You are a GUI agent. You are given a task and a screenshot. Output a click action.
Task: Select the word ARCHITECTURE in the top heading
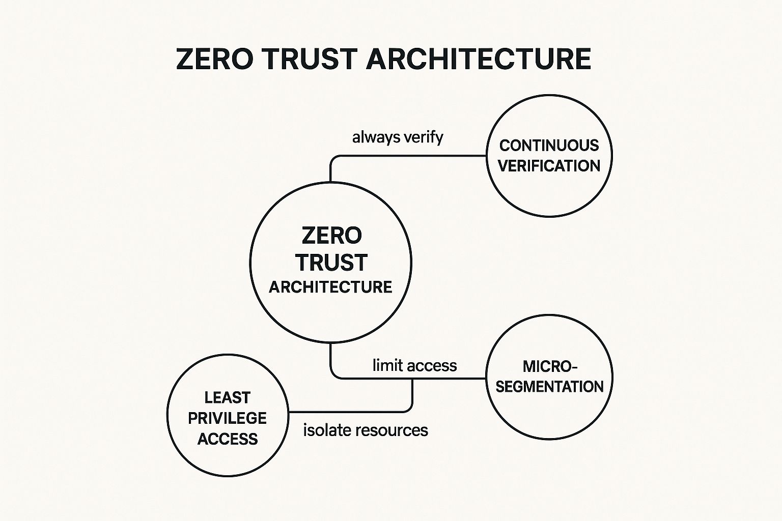click(x=478, y=59)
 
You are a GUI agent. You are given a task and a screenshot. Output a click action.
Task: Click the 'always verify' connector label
click(x=398, y=137)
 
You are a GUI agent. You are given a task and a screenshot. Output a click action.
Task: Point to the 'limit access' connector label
click(x=414, y=365)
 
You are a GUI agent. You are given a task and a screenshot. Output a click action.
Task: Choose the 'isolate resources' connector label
click(x=366, y=430)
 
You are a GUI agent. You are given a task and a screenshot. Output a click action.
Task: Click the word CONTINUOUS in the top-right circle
click(x=549, y=146)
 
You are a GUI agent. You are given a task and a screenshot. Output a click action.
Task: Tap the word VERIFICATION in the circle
click(x=549, y=166)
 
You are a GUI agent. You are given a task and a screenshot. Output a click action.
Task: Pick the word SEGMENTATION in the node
click(x=549, y=387)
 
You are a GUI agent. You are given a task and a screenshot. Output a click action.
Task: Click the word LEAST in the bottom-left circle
click(x=227, y=397)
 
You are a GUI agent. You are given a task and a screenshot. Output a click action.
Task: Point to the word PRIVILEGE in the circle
click(x=227, y=418)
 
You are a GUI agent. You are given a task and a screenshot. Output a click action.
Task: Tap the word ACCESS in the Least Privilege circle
click(x=227, y=439)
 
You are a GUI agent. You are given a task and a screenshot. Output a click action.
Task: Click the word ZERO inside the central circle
click(x=331, y=236)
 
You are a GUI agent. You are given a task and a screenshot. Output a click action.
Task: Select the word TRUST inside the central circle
click(x=331, y=263)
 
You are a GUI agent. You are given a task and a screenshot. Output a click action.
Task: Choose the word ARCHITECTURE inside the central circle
click(x=330, y=287)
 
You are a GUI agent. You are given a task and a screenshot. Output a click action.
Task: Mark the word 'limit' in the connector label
click(x=385, y=365)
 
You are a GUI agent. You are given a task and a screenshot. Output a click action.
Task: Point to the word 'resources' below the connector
click(x=392, y=430)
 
